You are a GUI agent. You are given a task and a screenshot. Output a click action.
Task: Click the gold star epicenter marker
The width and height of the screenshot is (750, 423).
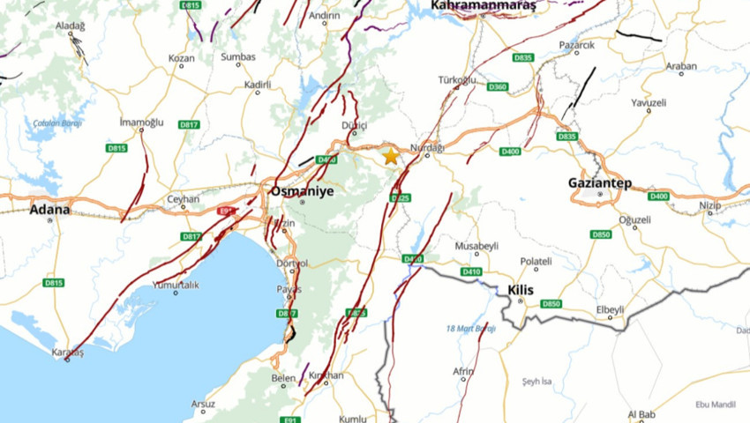coord(391,156)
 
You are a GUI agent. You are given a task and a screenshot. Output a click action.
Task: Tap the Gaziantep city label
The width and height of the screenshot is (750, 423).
coord(600,182)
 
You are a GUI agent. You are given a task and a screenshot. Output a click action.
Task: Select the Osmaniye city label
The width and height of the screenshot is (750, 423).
coord(302,190)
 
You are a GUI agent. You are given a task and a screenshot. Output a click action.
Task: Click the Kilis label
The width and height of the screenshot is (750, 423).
coord(521,289)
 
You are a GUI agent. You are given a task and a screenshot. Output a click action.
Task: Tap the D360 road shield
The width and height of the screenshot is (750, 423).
coord(498,86)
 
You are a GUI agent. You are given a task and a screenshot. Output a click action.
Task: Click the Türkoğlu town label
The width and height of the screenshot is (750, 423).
coord(457,80)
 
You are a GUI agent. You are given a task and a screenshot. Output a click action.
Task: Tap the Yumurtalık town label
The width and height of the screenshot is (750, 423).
coord(176,284)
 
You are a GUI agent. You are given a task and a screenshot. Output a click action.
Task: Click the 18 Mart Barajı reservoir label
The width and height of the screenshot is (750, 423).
coord(471,329)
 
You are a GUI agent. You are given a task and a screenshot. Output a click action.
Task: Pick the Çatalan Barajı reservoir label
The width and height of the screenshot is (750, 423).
coord(57,122)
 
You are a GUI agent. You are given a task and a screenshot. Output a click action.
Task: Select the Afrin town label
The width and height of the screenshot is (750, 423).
coord(463,372)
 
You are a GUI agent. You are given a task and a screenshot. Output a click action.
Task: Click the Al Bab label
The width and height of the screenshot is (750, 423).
coord(641,414)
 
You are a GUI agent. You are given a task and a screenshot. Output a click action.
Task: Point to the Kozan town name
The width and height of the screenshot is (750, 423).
coord(181,58)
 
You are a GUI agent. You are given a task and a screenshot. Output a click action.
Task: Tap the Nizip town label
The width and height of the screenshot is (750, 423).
coord(710,205)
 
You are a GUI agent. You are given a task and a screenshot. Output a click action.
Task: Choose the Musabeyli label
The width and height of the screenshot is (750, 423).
coord(476,246)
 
